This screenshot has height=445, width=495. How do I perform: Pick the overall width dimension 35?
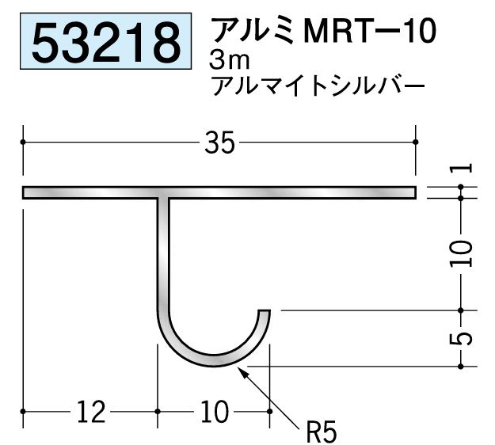[x=219, y=143]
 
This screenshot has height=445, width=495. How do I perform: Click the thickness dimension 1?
[x=465, y=167]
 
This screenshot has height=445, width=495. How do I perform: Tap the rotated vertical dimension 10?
[x=465, y=252]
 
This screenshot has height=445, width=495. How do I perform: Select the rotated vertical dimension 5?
[x=465, y=338]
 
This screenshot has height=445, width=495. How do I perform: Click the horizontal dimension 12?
[x=93, y=411]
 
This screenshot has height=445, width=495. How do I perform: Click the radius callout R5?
[x=321, y=432]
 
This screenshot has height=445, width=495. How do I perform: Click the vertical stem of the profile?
[x=163, y=253]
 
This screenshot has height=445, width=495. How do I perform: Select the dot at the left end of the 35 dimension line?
[x=25, y=143]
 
